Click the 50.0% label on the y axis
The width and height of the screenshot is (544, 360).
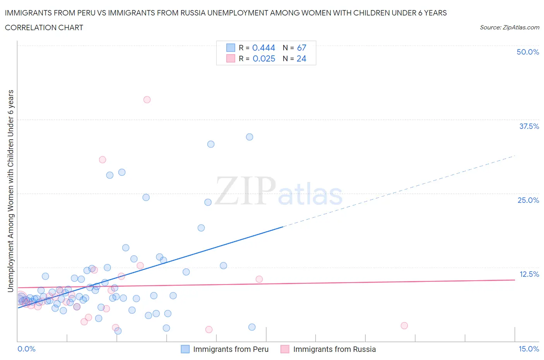[x=528, y=52]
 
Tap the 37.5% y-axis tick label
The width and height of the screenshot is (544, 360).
[x=529, y=126]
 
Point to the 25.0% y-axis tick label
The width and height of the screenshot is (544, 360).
[x=528, y=200]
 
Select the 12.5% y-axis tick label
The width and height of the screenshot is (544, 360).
[x=529, y=274]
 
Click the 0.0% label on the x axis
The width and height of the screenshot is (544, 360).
[x=26, y=349]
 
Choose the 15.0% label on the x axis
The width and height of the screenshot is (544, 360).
[x=529, y=349]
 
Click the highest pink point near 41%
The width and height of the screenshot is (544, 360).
[x=147, y=99]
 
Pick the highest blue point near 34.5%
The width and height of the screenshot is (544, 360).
[x=250, y=137]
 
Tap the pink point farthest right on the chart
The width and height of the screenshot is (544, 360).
[x=404, y=326]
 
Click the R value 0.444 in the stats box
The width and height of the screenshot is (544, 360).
[x=263, y=48]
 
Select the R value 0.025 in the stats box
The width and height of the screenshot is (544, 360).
[x=264, y=58]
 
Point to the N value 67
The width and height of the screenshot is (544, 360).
[x=301, y=48]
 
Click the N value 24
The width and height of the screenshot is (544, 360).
[x=301, y=58]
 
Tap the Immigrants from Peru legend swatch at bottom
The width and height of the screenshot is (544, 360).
[x=185, y=349]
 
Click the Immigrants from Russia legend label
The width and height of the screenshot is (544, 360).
[x=334, y=349]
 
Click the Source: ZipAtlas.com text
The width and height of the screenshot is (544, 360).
[x=509, y=27]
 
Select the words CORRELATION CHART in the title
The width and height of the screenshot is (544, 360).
[x=44, y=27]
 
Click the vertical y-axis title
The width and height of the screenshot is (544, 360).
[x=10, y=191]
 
